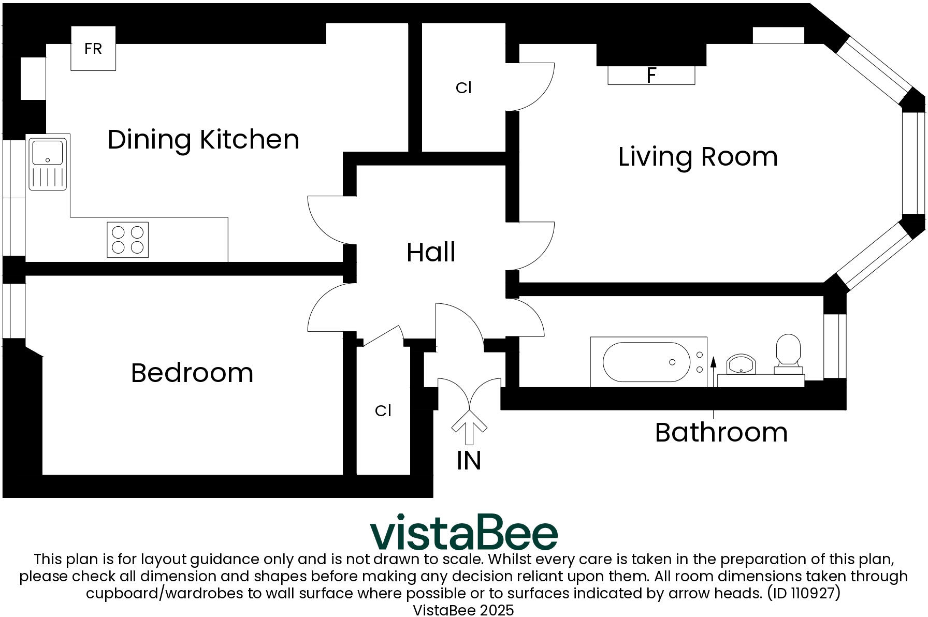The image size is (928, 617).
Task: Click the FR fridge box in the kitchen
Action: [93, 48]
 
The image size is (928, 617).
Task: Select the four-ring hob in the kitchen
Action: [127, 240]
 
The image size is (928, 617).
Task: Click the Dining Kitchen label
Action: [204, 140]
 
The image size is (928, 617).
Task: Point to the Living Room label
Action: [698, 157]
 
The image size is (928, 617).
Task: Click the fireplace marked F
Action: [651, 76]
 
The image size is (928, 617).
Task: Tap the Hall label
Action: [431, 253]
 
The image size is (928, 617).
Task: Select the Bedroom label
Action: [192, 373]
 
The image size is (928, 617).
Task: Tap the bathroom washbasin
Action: [741, 364]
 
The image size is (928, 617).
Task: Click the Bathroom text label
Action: [721, 432]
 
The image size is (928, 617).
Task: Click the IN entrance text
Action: [469, 460]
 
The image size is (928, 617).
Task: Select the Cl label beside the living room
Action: [463, 88]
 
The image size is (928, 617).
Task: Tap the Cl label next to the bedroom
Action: [383, 410]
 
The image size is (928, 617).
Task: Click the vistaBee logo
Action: [463, 532]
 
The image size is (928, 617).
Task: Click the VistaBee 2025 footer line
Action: [463, 610]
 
